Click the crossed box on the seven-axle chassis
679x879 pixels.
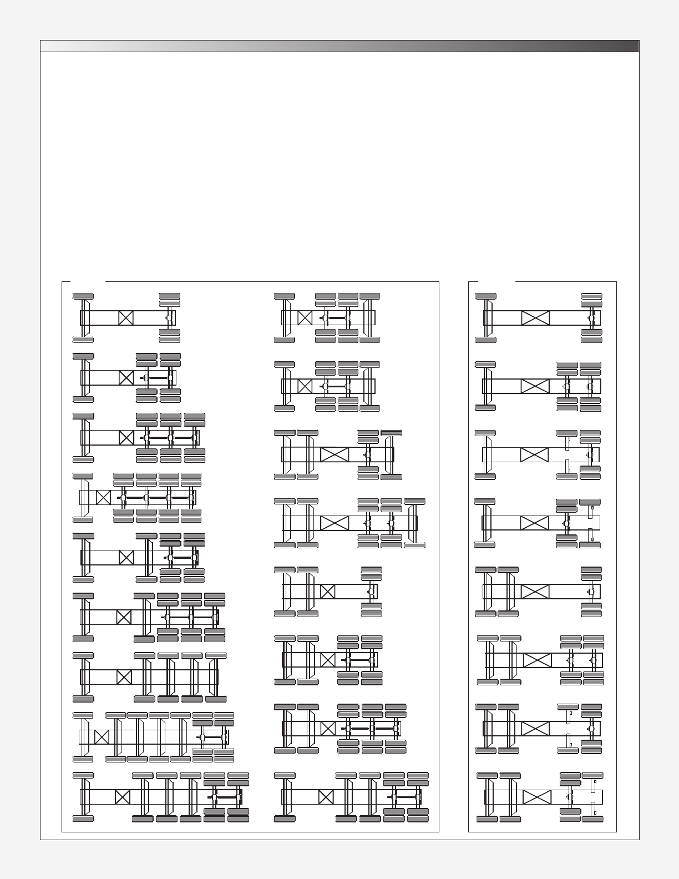(102, 737)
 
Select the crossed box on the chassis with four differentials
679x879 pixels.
(103, 497)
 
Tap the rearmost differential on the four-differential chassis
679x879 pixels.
(191, 498)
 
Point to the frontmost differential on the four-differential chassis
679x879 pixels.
(123, 498)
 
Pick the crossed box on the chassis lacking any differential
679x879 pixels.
(124, 677)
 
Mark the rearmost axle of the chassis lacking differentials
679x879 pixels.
(216, 677)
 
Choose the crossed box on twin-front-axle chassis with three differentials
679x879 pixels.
(328, 728)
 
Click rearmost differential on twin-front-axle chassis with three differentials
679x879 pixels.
(396, 728)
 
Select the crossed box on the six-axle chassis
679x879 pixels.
(122, 797)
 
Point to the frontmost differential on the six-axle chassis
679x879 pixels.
(215, 797)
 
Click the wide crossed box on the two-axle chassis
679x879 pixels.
(535, 318)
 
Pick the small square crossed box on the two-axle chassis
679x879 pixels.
(126, 318)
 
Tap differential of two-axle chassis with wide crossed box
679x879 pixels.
(591, 318)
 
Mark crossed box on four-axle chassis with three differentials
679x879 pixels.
(126, 438)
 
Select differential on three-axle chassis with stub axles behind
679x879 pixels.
(566, 523)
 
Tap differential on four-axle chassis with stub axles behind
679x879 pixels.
(570, 797)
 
